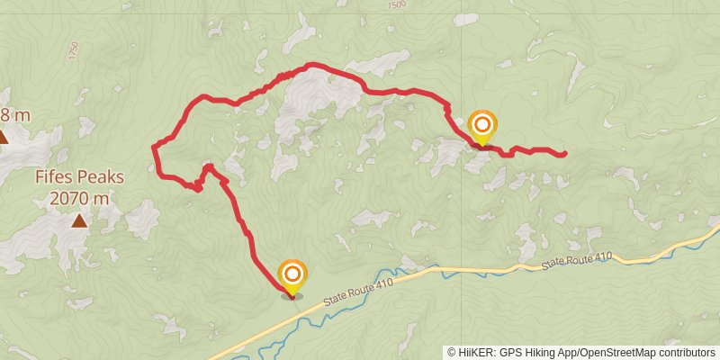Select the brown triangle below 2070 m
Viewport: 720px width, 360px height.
tap(80, 220)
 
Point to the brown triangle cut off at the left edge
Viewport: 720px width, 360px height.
tap(3, 137)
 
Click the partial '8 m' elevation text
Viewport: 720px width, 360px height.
tap(15, 114)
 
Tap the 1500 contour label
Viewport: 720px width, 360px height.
tap(396, 5)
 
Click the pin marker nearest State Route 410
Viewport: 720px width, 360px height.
tap(292, 277)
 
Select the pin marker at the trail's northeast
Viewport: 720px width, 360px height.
tap(482, 126)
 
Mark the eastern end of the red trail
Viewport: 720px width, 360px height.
tap(564, 154)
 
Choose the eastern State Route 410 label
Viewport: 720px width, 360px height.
tap(577, 261)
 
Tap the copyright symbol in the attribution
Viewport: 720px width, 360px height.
tap(451, 353)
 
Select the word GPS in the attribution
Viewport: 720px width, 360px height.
tap(508, 353)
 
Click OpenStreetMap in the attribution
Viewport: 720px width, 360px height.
tap(620, 353)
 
